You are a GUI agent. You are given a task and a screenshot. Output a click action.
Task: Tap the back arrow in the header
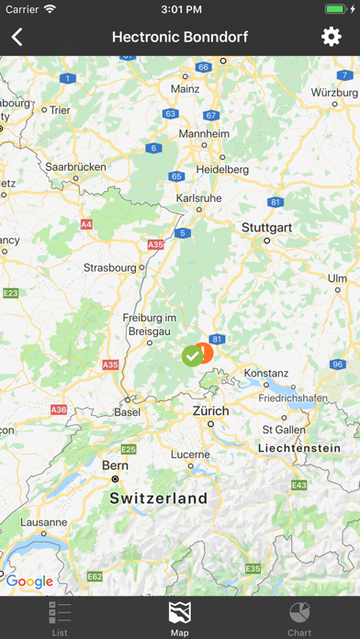tap(17, 37)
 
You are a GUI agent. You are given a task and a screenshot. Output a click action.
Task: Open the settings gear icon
tap(331, 37)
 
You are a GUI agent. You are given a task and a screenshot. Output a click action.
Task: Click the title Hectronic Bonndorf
tap(180, 37)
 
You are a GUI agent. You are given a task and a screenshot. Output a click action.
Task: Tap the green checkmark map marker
tap(192, 354)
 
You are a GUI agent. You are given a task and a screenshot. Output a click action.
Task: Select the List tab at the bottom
tap(60, 618)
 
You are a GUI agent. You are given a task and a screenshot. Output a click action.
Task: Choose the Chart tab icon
tap(299, 618)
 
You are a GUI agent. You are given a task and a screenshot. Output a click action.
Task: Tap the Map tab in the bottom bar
tap(180, 618)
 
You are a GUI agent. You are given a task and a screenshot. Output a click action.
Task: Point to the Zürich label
tap(210, 411)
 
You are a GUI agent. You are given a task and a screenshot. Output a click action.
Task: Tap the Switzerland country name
tap(159, 498)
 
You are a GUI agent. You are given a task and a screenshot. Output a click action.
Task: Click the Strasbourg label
tap(109, 268)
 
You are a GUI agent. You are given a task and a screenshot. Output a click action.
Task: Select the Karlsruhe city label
tap(198, 197)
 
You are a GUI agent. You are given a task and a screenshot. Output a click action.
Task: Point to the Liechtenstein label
tap(292, 447)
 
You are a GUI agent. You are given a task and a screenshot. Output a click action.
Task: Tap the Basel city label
tap(127, 412)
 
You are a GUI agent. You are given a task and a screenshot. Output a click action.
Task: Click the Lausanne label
tap(41, 521)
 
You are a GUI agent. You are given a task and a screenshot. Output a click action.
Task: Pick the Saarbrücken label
tap(75, 167)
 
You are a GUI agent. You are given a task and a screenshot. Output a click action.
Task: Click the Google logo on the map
tap(29, 581)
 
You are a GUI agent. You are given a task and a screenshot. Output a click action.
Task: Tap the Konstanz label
tap(266, 374)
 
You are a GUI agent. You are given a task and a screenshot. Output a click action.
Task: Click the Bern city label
tap(115, 465)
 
